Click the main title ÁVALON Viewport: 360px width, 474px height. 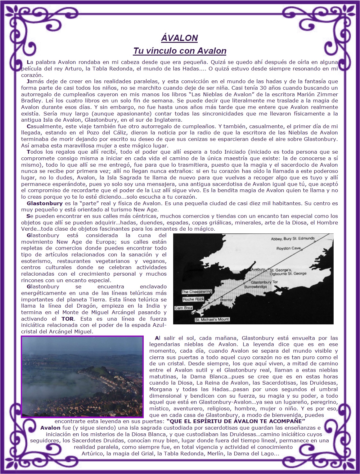coord(179,38)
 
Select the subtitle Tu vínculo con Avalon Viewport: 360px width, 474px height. coord(179,51)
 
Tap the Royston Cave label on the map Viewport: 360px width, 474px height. coord(289,248)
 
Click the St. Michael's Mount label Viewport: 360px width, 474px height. coord(212,319)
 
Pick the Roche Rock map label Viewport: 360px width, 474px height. coord(193,299)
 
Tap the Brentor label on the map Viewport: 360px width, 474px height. coord(226,300)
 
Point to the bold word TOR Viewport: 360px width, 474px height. coord(67,319)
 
